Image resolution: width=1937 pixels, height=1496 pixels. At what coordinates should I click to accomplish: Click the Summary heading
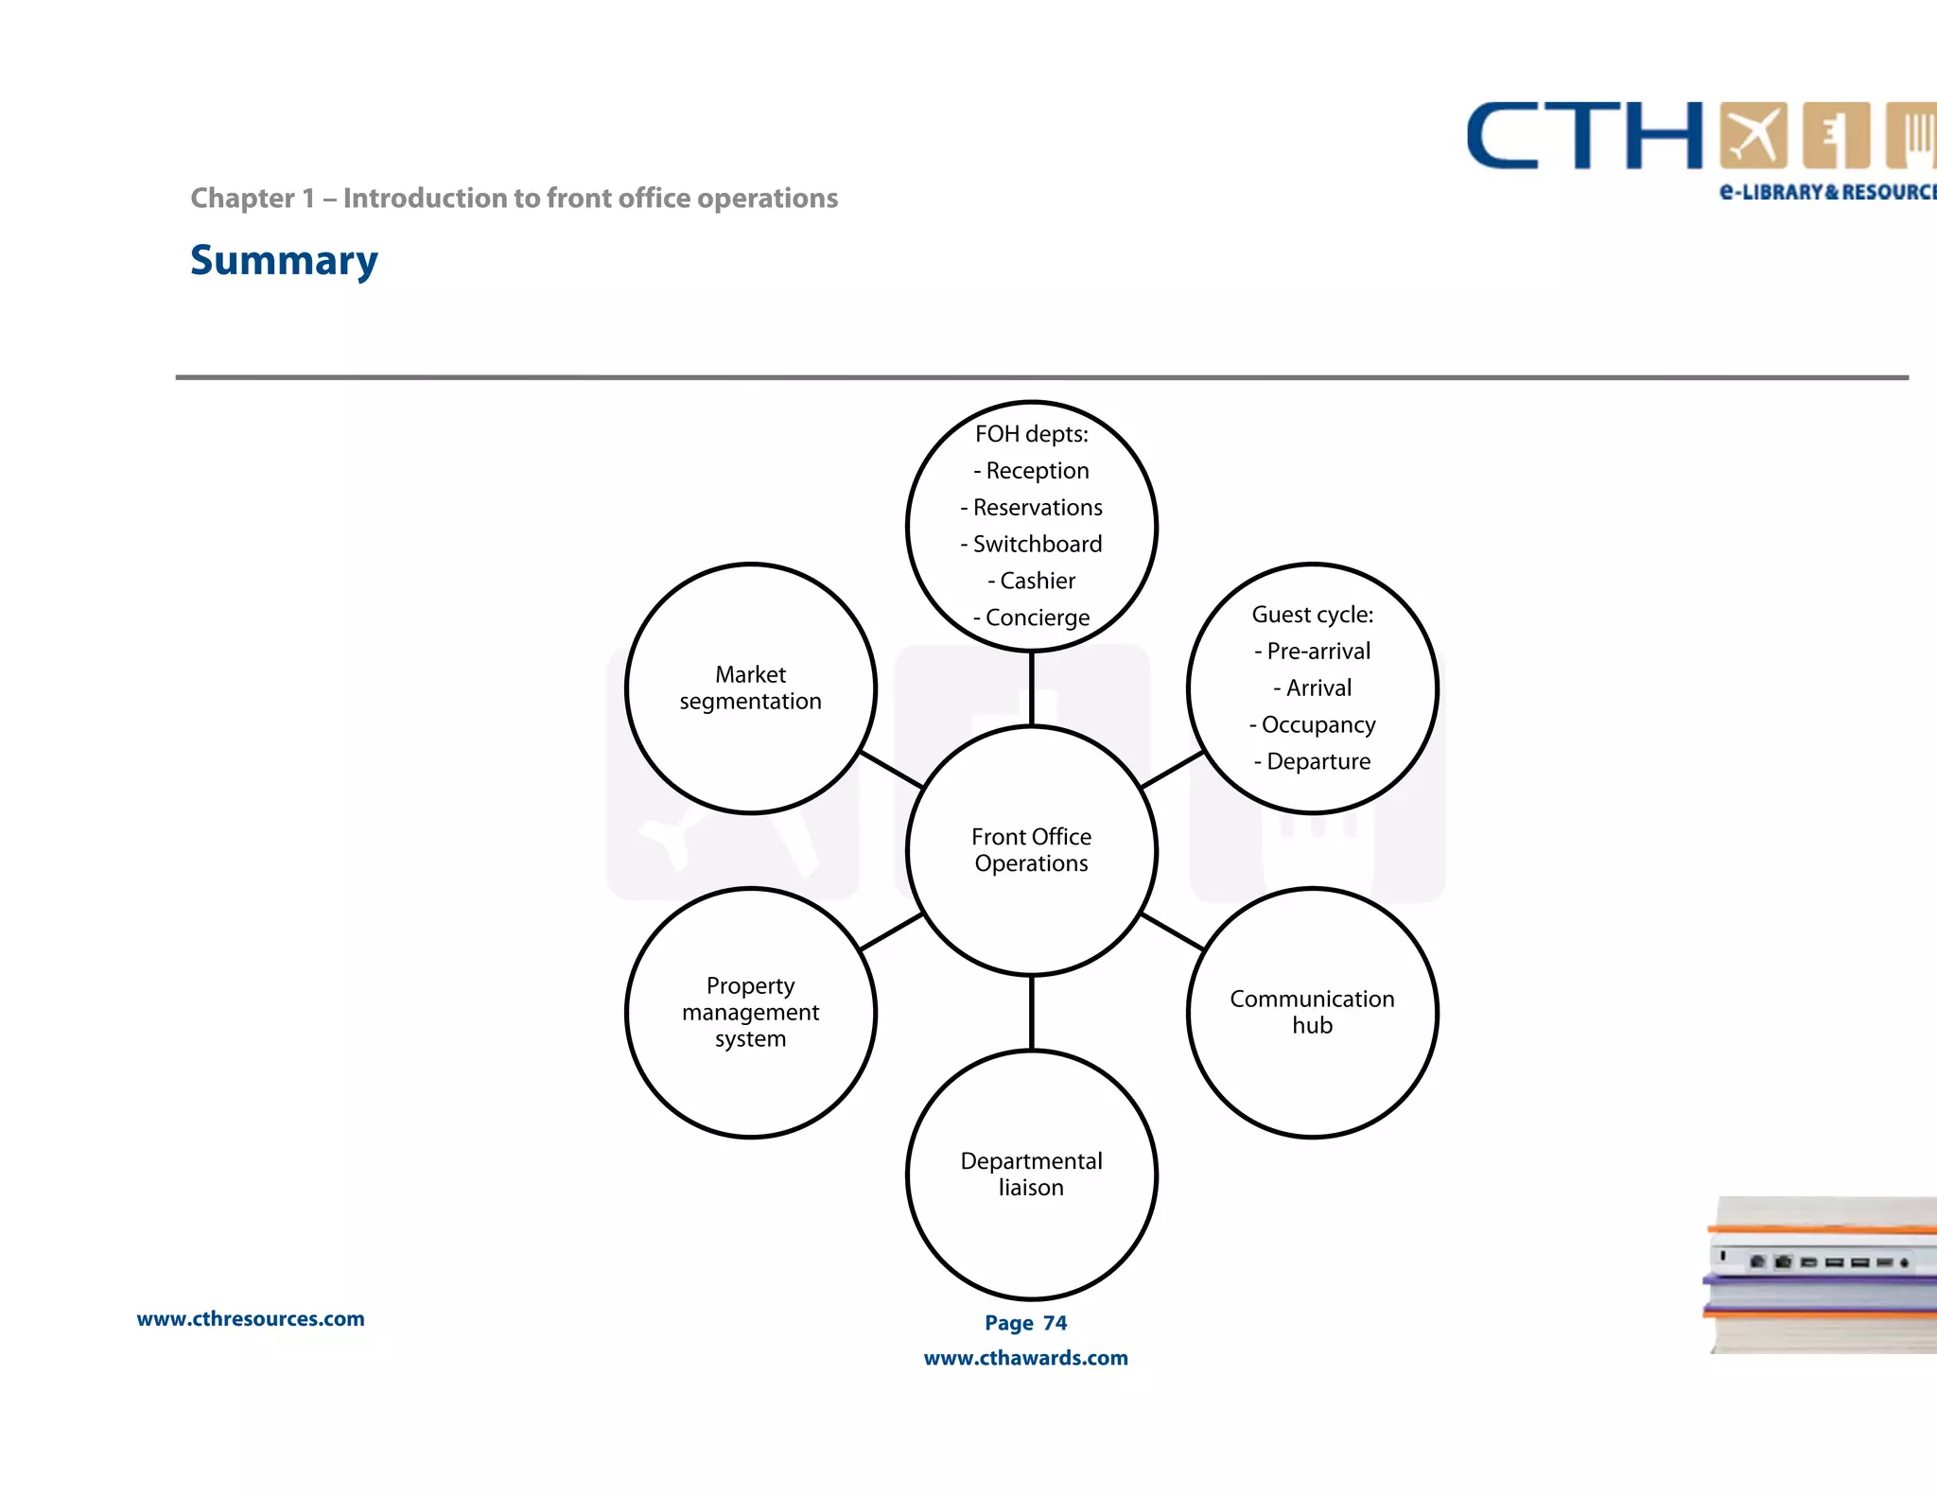(284, 261)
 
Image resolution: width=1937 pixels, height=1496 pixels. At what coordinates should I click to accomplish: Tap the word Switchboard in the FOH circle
(1037, 544)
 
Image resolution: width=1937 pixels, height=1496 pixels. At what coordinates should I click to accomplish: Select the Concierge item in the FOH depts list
(1037, 618)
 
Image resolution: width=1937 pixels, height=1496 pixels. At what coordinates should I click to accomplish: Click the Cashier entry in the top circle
(1037, 581)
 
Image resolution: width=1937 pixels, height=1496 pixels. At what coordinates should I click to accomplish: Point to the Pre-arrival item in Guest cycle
(1318, 652)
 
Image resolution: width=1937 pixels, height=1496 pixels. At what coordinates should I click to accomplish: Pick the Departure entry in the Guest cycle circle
(1318, 761)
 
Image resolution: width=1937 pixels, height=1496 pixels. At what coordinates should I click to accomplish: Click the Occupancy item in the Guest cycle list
(1318, 725)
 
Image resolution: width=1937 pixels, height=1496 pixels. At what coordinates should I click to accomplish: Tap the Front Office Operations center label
(1031, 850)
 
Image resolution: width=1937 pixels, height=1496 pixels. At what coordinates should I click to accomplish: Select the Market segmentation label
(750, 687)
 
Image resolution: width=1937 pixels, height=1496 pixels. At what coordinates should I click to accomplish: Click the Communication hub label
(1312, 1012)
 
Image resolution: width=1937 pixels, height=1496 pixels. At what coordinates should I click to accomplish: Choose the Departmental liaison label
(1031, 1174)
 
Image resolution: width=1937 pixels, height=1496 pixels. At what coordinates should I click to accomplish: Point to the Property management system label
(750, 1012)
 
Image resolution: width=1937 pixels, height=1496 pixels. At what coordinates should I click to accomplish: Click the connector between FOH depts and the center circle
(1031, 688)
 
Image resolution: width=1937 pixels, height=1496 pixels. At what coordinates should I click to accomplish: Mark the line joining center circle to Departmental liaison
(1031, 1013)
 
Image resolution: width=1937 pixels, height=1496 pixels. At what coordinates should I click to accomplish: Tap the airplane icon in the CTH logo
(1753, 135)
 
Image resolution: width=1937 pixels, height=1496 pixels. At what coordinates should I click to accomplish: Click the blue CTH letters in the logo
(1584, 136)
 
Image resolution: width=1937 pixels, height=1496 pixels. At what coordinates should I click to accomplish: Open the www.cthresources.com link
(251, 1319)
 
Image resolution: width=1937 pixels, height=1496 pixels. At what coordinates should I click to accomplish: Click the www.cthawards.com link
(1025, 1358)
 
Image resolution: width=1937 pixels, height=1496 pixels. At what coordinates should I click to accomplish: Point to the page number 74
(1055, 1323)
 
